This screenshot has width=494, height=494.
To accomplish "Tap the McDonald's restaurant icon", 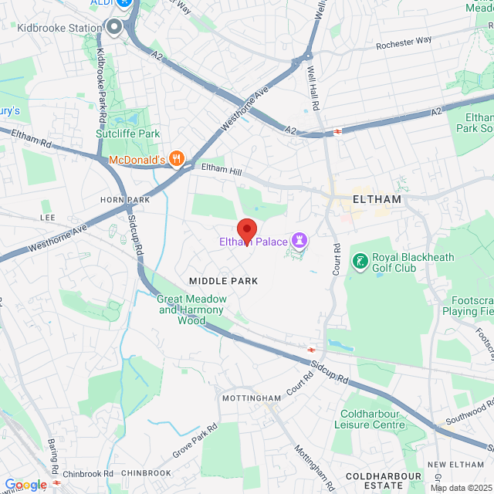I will pos(177,159).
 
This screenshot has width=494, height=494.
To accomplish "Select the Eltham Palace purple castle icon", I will pos(298,242).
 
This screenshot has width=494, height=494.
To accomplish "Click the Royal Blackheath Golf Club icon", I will pos(360,262).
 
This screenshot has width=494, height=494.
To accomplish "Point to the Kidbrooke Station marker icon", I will pos(115,29).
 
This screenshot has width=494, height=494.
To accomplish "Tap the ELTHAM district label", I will pos(376,199).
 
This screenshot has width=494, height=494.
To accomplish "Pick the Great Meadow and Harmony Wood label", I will pos(192,310).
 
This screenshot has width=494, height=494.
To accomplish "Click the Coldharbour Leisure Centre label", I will pos(370,418).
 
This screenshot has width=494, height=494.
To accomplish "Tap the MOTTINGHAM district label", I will pos(251,398).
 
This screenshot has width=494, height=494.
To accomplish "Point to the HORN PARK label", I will pos(124,199).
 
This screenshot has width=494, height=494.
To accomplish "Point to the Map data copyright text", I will pos(461,488).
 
